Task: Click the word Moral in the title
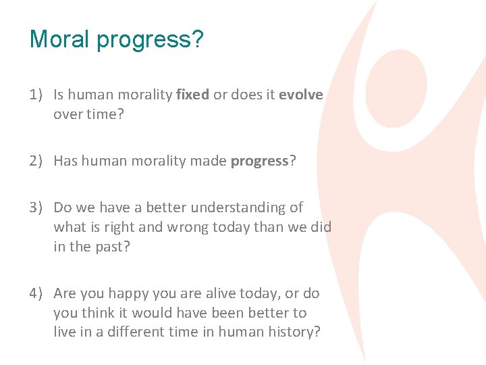[60, 39]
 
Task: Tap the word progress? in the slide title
[150, 40]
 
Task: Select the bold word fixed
[192, 95]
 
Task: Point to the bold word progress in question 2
[259, 161]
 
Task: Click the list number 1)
[37, 95]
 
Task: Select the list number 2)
[37, 161]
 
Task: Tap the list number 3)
[37, 208]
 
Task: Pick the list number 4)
[37, 293]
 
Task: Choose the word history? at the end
[294, 332]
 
